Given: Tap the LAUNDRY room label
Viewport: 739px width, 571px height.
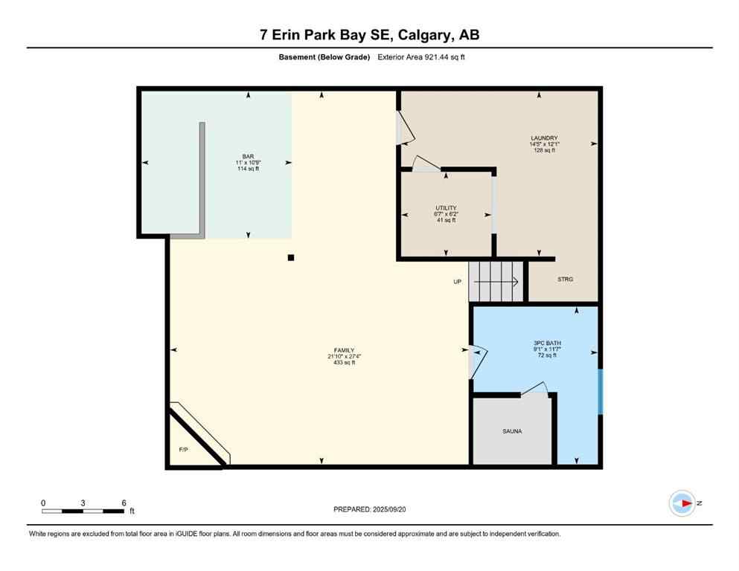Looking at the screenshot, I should pos(544,138).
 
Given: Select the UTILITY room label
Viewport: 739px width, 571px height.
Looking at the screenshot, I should pos(446,208).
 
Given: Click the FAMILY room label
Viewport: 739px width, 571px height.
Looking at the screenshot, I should pos(343,350).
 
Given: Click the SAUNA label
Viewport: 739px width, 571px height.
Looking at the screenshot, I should pos(512,431).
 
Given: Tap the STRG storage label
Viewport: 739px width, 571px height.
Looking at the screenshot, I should pos(566,280).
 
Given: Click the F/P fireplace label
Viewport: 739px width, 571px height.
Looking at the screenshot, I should pos(183,450).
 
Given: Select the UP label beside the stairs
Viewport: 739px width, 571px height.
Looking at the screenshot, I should pos(458,282).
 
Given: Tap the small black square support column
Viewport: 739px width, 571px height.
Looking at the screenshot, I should pos(291,258).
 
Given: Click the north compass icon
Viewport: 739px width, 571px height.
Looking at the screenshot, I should pos(682,503).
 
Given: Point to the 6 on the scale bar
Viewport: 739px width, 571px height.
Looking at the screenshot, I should pos(123,503).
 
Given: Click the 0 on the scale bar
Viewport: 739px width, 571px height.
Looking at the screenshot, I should pos(43,503).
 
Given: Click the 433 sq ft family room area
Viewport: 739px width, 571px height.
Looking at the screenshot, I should pos(343,363).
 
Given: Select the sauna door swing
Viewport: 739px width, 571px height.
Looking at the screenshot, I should pos(534,390).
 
